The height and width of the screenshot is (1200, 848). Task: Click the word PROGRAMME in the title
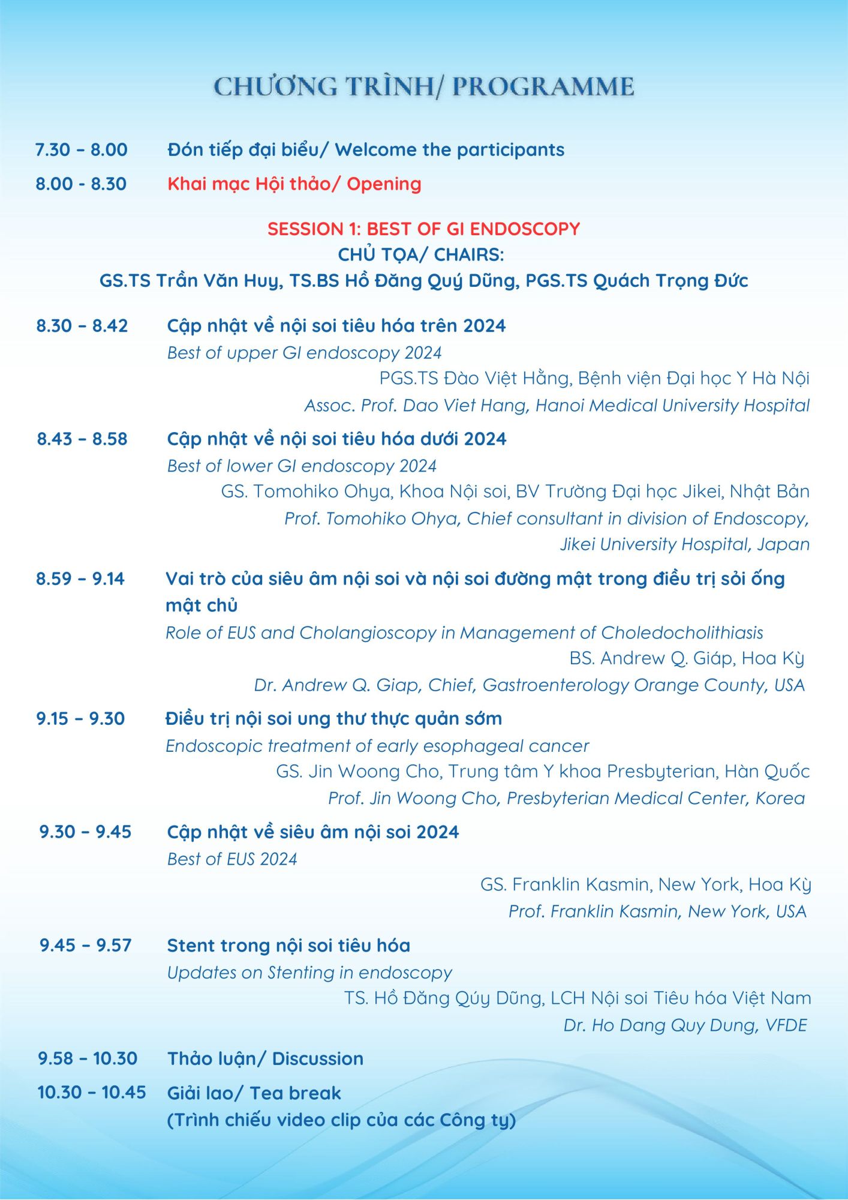(543, 86)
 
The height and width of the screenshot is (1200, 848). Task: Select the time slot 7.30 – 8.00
(82, 149)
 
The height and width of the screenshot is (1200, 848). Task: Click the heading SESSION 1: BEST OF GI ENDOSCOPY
(423, 229)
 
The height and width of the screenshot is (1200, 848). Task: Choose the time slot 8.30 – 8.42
(82, 326)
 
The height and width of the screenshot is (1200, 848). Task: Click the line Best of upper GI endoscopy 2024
(304, 353)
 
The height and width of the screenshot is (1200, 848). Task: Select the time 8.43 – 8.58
(82, 439)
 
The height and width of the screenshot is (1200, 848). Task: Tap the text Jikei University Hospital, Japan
(684, 544)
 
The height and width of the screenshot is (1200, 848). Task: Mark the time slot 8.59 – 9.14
(80, 578)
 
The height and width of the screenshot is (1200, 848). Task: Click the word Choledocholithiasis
(682, 632)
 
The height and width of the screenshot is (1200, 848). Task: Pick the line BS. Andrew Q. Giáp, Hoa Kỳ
(687, 658)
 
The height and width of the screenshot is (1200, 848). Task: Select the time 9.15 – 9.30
(80, 718)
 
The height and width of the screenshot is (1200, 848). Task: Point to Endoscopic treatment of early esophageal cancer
(377, 746)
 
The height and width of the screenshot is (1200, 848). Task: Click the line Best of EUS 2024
(232, 859)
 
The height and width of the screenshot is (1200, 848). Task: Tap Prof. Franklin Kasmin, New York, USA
(657, 911)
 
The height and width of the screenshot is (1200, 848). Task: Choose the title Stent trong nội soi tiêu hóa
(288, 946)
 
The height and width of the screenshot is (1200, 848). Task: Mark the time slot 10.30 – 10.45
(92, 1092)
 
